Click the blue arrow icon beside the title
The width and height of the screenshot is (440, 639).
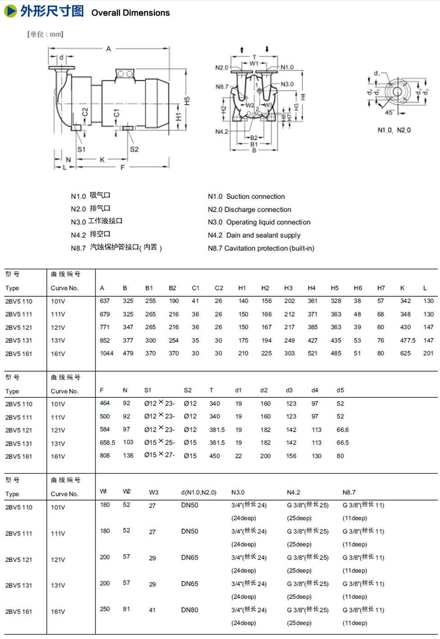click(10, 11)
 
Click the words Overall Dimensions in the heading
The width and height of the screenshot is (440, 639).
click(130, 13)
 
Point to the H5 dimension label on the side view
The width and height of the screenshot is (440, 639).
click(187, 101)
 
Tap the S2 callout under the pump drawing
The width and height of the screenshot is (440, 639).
click(134, 149)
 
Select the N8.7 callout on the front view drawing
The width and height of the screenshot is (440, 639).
click(222, 87)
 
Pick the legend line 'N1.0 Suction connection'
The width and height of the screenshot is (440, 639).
click(246, 197)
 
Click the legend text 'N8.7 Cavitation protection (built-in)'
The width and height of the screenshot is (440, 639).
click(261, 248)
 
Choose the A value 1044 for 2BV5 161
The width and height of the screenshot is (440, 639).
click(106, 354)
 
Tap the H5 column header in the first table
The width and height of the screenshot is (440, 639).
click(335, 288)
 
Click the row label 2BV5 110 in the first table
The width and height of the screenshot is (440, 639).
click(19, 301)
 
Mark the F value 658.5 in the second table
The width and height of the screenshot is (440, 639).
click(107, 443)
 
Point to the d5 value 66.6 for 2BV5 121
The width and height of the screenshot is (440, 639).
click(343, 430)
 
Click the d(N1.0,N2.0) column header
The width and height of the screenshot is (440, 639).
click(198, 492)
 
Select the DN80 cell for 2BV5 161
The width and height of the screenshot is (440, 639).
click(190, 610)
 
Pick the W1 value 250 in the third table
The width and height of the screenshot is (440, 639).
click(105, 609)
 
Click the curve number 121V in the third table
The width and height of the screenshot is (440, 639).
click(58, 560)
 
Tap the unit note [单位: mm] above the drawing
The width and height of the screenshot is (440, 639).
click(45, 34)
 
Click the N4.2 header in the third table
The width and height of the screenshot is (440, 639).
click(293, 492)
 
